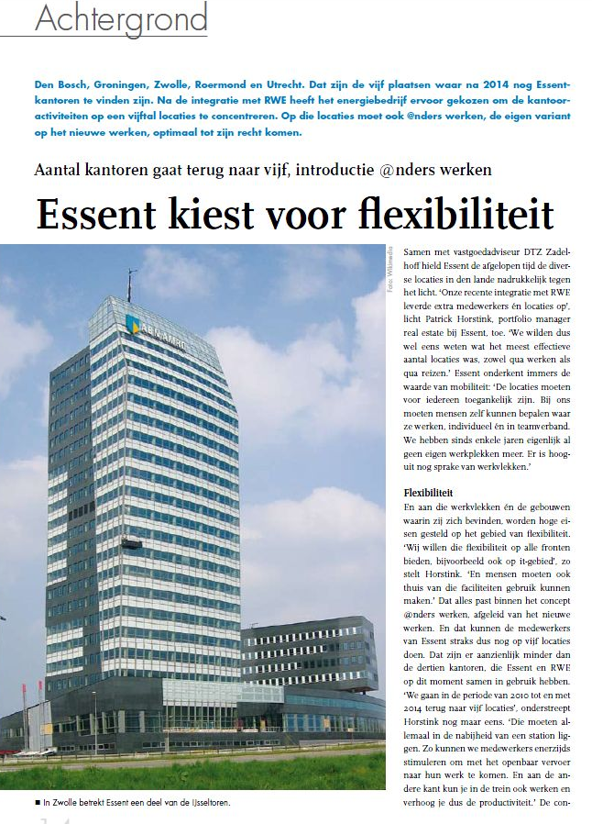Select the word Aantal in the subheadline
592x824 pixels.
(57, 170)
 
